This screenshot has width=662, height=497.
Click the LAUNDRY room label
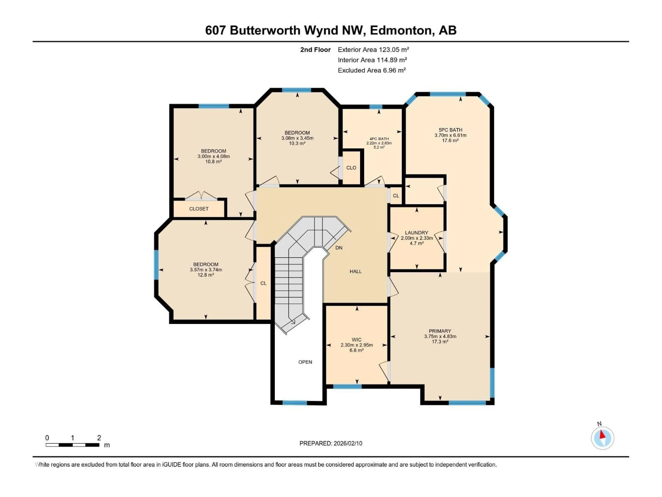point(416,232)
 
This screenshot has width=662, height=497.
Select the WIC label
point(357,340)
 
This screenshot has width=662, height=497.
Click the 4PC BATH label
point(379,139)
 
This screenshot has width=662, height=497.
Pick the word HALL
point(355,271)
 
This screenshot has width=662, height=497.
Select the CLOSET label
point(199,209)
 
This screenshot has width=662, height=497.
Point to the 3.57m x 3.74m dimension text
point(206,270)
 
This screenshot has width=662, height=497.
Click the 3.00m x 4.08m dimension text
point(213,156)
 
